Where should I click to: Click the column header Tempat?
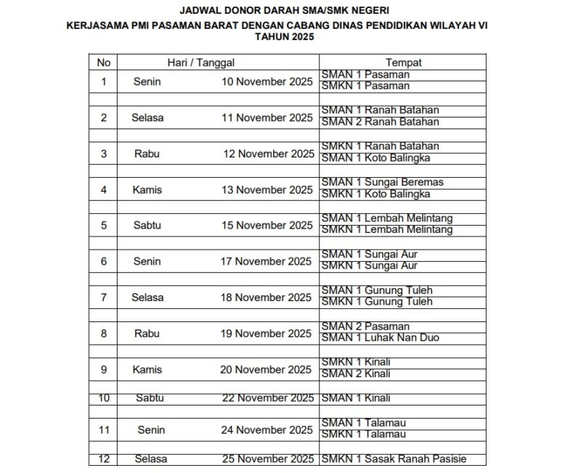click(404, 63)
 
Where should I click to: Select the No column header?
click(104, 63)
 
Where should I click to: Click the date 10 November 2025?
click(267, 81)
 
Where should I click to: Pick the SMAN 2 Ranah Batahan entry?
click(380, 122)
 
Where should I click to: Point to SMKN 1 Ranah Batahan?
click(380, 146)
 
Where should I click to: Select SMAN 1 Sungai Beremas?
click(382, 182)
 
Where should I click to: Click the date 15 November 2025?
click(267, 225)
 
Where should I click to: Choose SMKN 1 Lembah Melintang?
click(386, 230)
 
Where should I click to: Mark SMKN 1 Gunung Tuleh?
click(376, 302)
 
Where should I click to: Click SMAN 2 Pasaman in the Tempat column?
click(365, 326)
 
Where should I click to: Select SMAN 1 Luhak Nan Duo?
click(380, 338)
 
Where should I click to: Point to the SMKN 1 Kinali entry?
click(356, 362)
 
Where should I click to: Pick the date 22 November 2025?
click(267, 398)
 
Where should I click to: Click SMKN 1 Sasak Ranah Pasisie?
click(393, 458)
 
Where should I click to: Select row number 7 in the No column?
click(104, 297)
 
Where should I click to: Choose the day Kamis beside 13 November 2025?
click(147, 189)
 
